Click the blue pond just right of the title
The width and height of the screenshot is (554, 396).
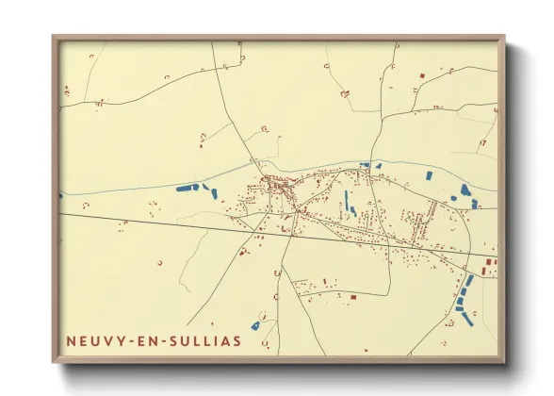tap(255, 325)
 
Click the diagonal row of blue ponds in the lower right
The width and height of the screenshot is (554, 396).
tap(464, 294)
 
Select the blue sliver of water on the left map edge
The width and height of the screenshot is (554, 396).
tap(61, 196)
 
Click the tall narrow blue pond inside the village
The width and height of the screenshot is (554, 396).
tap(346, 199)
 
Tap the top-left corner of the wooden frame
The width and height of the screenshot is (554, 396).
tap(55, 39)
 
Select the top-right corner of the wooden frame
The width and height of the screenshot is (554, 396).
tap(503, 39)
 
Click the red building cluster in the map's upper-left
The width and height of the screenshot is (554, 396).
tap(67, 91)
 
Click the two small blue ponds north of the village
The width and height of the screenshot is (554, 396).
tap(370, 166)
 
